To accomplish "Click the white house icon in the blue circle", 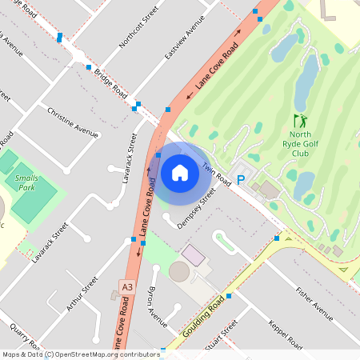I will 180,173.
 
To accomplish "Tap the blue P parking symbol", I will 239,180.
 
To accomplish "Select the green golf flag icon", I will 301,122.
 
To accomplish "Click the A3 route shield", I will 126,286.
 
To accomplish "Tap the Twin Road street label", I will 216,175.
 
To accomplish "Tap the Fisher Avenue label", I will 314,302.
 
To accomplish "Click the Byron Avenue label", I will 157,309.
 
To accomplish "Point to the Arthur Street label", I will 84,293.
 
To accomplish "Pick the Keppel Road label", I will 286,334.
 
